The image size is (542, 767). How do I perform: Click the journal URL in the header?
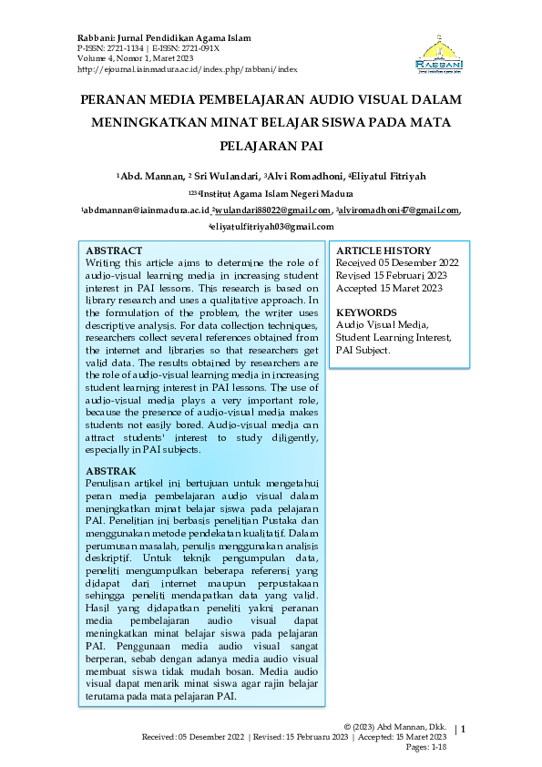[189, 68]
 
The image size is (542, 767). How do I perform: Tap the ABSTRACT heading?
[114, 251]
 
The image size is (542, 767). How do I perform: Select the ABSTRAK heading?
[110, 471]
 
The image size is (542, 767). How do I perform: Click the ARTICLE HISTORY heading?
[383, 251]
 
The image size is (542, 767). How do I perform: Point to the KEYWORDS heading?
[367, 312]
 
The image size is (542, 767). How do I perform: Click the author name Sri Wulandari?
[223, 175]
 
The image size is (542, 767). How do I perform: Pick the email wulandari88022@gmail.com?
[272, 210]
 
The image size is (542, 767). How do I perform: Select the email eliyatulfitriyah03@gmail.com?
[271, 226]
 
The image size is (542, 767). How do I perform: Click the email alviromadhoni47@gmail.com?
[398, 210]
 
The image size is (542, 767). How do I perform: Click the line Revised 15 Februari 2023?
[391, 275]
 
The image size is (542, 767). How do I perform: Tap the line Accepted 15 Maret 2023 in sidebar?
[389, 288]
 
